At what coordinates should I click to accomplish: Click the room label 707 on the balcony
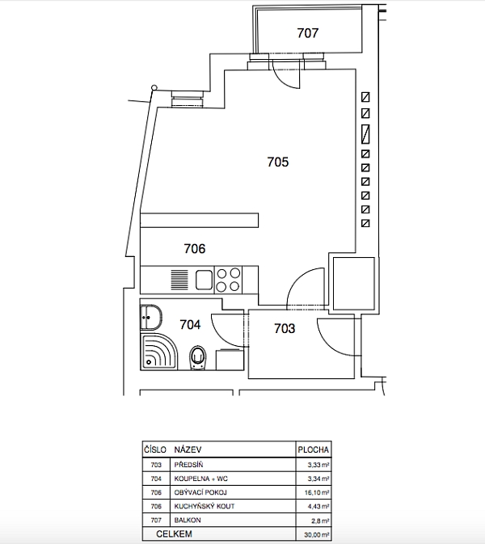[x=308, y=34]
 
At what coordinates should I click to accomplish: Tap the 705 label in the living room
[x=278, y=162]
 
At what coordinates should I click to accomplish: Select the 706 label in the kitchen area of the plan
[x=195, y=249]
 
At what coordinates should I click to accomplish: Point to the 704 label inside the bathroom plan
[x=190, y=325]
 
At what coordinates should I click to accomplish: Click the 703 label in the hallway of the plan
[x=285, y=328]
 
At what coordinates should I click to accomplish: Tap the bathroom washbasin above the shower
[x=149, y=316]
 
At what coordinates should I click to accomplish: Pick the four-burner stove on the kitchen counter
[x=229, y=280]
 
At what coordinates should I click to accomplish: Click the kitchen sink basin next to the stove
[x=203, y=280]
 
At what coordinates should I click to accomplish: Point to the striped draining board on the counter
[x=179, y=280]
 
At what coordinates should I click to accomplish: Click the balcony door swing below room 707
[x=289, y=74]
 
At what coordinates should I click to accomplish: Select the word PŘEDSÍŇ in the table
[x=189, y=465]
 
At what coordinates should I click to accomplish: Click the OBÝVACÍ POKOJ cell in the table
[x=200, y=492]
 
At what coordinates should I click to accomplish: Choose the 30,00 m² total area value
[x=314, y=534]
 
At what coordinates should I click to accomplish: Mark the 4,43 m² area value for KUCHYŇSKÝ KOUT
[x=316, y=507]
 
